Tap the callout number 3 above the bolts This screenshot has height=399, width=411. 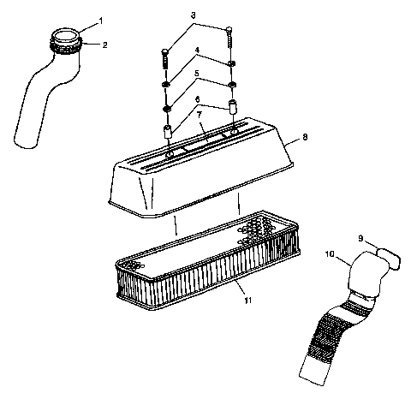pos(194,16)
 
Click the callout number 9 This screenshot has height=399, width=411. pos(361,238)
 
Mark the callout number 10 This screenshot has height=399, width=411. pos(331,253)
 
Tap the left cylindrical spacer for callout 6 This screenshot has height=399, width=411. pos(168,134)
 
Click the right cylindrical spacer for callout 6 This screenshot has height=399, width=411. pos(230,110)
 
